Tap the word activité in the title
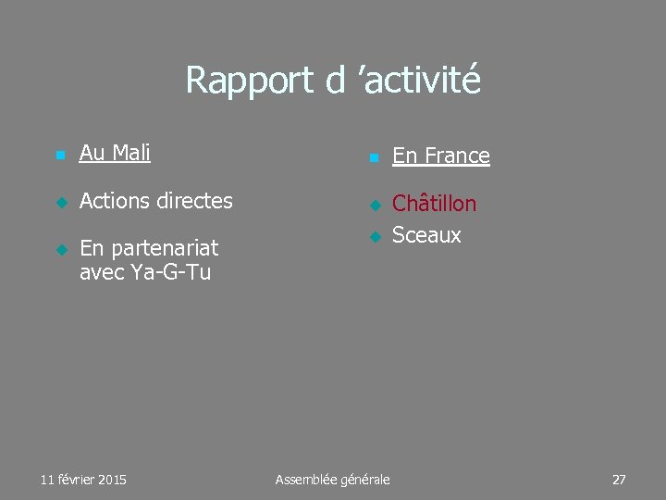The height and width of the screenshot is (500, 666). click(x=422, y=81)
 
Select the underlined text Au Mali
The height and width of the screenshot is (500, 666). click(x=115, y=153)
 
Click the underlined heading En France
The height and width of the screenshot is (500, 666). click(x=441, y=156)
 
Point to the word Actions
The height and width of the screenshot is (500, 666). click(x=116, y=200)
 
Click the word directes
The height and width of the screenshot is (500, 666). click(x=195, y=200)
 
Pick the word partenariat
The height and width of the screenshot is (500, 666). click(x=162, y=248)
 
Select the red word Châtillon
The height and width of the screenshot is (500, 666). click(x=435, y=204)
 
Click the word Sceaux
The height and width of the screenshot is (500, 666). click(x=426, y=235)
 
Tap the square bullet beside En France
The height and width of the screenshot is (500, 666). click(x=373, y=158)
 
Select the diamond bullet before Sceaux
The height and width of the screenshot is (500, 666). click(x=374, y=237)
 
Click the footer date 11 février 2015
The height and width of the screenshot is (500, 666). click(x=84, y=480)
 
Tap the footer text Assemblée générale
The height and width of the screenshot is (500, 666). click(x=333, y=480)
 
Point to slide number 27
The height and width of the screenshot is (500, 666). click(x=619, y=480)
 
